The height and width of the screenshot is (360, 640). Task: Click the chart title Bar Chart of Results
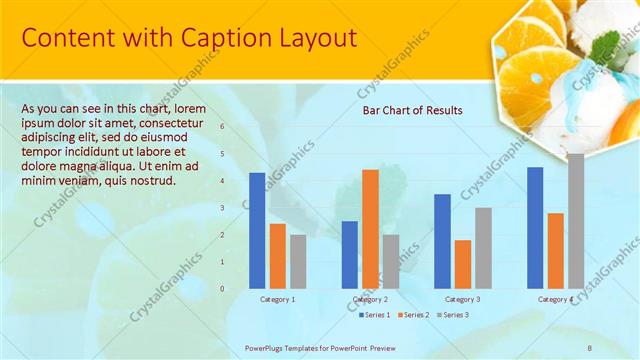[412, 110]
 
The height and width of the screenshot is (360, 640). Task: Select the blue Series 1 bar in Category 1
[257, 230]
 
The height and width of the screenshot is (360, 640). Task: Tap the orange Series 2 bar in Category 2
[370, 228]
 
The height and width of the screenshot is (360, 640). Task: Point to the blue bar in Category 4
[535, 227]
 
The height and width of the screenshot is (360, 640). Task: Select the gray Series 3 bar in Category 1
[298, 261]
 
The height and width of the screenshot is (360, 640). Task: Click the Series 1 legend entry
[375, 315]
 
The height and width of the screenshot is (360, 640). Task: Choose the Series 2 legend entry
[415, 315]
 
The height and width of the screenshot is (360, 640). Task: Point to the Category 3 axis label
[462, 299]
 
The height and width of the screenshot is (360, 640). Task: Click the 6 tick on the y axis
[222, 127]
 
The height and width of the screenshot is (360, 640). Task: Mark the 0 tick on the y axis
[222, 288]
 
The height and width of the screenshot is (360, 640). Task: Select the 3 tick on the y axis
[222, 208]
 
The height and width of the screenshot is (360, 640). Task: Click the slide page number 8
[590, 346]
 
